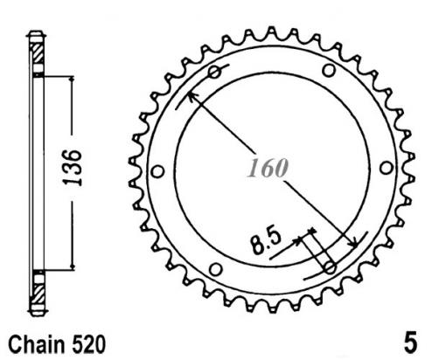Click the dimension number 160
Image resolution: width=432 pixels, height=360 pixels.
pos(268,168)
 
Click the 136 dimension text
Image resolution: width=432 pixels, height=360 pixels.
pos(72,168)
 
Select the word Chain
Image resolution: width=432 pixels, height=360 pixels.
pos(37,344)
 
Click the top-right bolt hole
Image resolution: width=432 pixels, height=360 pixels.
pos(329,70)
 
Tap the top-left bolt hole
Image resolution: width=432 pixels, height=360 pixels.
pos(215,72)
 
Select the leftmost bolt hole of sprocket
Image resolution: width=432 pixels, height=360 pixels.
pos(158,171)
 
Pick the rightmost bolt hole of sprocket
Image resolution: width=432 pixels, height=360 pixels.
pos(387,168)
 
